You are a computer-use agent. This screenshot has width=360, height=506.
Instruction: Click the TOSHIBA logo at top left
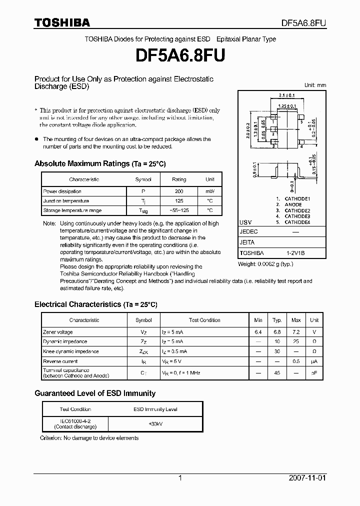coord(62,22)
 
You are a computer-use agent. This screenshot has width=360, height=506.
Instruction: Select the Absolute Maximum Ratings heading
coord(99,163)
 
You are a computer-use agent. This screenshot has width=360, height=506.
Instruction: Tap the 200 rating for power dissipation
coord(178,191)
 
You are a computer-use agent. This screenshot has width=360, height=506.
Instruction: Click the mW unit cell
coord(209,191)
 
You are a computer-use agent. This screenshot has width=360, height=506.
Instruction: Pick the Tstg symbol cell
coord(143,211)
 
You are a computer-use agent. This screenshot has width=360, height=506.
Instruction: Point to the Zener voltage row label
coord(58,332)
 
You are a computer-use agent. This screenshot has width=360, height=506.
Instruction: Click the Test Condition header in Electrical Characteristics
coord(204,320)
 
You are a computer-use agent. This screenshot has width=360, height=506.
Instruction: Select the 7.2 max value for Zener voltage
coord(296,332)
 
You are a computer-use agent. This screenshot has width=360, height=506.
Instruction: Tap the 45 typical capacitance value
coord(276,372)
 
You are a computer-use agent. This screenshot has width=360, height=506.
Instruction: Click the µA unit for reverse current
coord(314,361)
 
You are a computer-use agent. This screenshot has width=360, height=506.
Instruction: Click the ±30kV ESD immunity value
coord(155,423)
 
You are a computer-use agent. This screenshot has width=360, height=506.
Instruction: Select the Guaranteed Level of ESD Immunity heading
coord(95,393)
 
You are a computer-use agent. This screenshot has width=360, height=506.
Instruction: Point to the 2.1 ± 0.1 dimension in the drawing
coord(287,95)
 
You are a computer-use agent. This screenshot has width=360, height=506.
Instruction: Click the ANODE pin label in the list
coord(293,204)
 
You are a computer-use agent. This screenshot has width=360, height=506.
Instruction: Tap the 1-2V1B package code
coord(295,253)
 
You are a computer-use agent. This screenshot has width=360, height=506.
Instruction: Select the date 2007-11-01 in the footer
coord(307,478)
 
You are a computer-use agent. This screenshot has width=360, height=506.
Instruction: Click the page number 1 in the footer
coord(180,478)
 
